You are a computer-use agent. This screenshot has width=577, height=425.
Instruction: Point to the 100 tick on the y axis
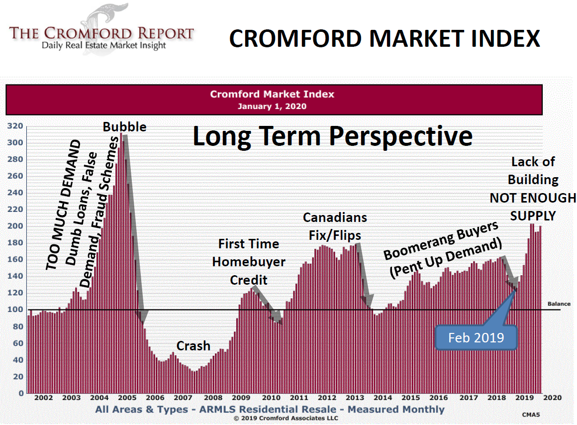[17, 310]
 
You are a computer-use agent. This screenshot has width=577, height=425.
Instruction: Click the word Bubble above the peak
[124, 127]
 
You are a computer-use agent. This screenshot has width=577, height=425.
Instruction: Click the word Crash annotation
[193, 346]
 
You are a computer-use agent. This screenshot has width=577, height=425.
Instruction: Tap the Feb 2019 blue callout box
[476, 338]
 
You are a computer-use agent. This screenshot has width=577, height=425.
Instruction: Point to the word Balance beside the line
[559, 304]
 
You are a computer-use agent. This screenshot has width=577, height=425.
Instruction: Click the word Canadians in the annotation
[335, 217]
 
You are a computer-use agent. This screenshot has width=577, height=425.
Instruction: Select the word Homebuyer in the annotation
[249, 262]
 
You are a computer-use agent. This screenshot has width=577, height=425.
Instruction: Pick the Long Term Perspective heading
[332, 136]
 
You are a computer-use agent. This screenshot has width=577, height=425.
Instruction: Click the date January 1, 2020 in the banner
[272, 106]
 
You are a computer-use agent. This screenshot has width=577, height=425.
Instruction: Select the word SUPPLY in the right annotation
[533, 216]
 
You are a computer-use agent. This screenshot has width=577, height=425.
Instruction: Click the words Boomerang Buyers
[441, 241]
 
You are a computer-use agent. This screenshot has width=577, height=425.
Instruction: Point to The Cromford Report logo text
[101, 34]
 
